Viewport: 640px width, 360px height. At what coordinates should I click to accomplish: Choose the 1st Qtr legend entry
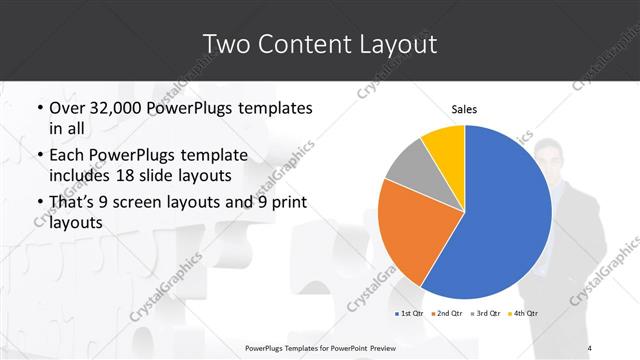coord(411,313)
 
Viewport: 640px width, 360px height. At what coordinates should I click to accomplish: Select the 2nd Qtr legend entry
coord(446,313)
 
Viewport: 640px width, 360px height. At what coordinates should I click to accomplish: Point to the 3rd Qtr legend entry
coord(484,313)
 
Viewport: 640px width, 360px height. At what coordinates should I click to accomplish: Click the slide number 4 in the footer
coord(590,347)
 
